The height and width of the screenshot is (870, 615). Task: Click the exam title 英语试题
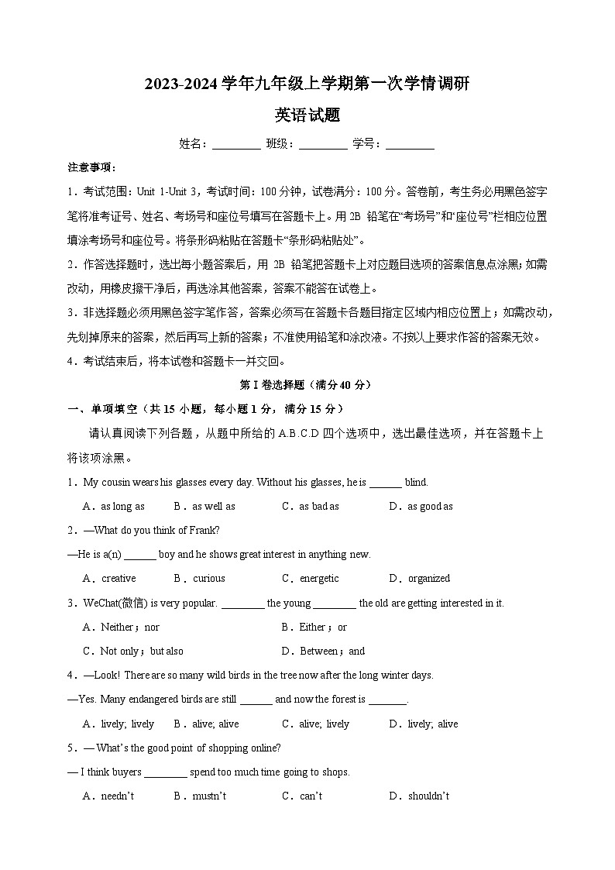click(307, 115)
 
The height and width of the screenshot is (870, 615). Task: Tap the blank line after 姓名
click(236, 145)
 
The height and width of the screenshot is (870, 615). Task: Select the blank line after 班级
click(323, 145)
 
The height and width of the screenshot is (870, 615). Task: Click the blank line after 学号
click(410, 145)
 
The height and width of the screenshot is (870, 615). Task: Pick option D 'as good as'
click(430, 506)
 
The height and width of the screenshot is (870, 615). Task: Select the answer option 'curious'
click(208, 578)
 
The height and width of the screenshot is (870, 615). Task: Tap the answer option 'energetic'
click(319, 578)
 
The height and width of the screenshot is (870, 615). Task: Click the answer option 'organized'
click(428, 578)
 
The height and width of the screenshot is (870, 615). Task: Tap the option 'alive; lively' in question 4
click(324, 724)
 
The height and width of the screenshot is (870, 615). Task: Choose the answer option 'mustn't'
click(209, 796)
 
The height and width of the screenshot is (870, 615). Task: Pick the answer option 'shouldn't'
click(428, 796)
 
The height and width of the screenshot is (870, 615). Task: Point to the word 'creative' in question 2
click(119, 578)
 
